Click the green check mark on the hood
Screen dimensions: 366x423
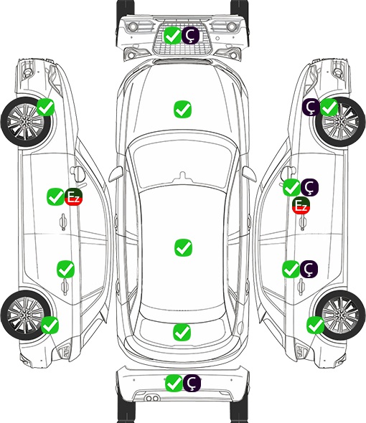click(182, 109)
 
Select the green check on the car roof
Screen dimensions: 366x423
click(183, 247)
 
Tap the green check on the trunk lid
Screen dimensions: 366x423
click(182, 332)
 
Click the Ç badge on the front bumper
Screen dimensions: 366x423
click(190, 35)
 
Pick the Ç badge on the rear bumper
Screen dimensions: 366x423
click(192, 383)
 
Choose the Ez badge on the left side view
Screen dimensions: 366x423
click(73, 197)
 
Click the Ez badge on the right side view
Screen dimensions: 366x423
click(301, 206)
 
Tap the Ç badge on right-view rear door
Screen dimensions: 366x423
click(309, 269)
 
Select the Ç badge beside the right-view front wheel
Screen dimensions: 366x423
click(311, 108)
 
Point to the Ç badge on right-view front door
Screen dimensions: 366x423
click(309, 187)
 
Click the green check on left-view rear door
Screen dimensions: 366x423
click(65, 269)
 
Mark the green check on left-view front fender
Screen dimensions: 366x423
click(45, 107)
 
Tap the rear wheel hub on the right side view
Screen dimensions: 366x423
click(340, 315)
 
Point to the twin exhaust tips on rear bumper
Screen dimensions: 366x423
click(152, 399)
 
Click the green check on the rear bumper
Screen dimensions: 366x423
click(174, 383)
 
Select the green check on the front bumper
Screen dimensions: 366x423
click(172, 35)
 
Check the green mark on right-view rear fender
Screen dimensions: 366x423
click(315, 325)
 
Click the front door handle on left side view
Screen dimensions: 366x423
click(63, 222)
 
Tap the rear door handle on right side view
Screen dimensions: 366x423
click(301, 287)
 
